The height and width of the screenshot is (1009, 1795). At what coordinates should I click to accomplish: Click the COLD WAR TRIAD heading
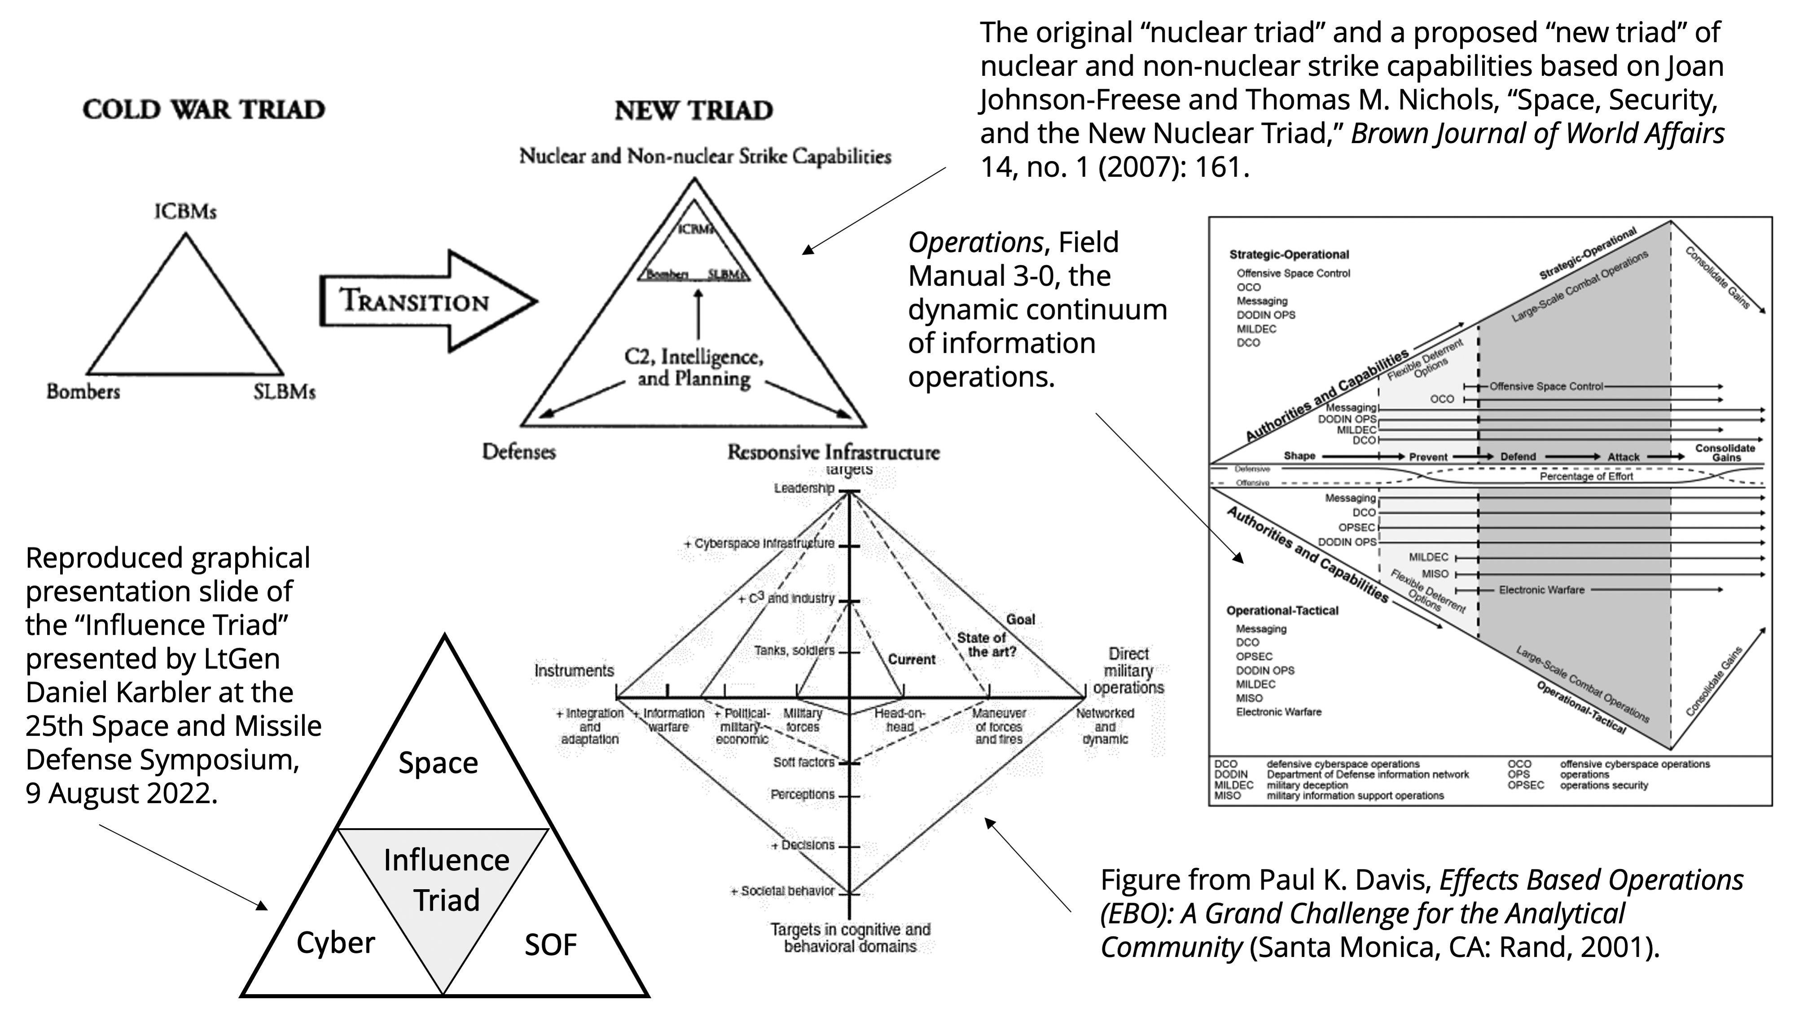point(203,109)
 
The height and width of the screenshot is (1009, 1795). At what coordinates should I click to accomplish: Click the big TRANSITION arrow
point(418,301)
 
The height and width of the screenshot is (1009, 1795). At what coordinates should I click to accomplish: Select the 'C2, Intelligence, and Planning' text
point(694,368)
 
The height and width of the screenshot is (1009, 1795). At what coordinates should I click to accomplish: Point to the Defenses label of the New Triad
point(519,452)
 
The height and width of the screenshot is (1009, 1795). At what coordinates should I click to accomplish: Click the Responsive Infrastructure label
point(834,453)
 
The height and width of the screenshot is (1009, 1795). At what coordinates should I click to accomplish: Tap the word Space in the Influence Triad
point(438,763)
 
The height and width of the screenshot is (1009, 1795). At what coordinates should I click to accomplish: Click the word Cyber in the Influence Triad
point(335,943)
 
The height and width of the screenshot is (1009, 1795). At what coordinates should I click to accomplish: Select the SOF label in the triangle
point(550,945)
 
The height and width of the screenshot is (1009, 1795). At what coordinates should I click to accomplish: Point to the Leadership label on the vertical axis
point(803,488)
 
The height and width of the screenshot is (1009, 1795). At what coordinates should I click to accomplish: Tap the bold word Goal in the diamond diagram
point(1020,619)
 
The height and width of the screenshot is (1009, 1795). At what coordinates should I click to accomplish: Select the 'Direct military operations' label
point(1128,671)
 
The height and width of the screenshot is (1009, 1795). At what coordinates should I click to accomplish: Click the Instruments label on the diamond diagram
point(574,671)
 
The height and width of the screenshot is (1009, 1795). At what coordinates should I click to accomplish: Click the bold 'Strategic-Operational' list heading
point(1288,255)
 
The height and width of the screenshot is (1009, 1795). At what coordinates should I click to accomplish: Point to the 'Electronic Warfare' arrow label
point(1541,590)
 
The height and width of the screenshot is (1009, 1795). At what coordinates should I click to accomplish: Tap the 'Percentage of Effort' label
point(1586,477)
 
